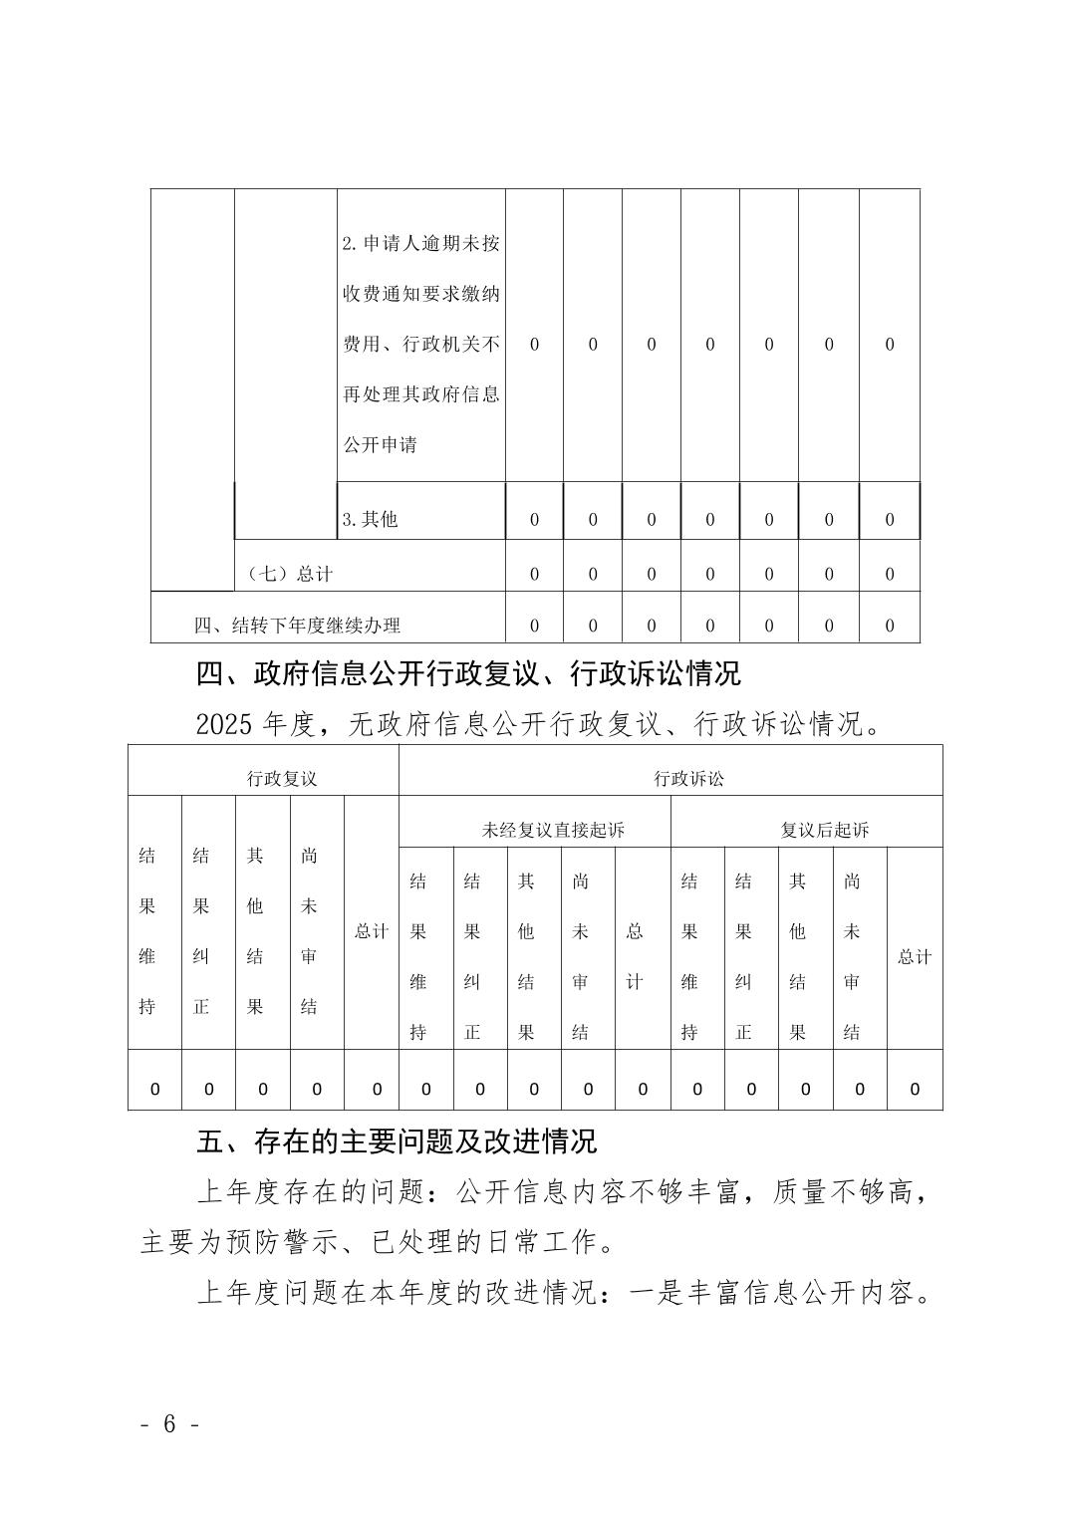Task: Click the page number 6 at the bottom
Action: (168, 1424)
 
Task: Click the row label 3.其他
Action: (370, 519)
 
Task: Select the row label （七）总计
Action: (290, 574)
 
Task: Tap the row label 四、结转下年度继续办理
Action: (297, 626)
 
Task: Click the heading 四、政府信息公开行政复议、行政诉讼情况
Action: (468, 674)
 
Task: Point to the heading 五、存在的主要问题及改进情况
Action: (397, 1140)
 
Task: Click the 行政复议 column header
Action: (282, 779)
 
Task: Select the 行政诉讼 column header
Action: (688, 779)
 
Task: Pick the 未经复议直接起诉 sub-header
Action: (553, 830)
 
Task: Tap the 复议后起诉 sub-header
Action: (824, 830)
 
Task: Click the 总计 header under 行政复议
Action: (372, 931)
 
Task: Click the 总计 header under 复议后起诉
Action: (915, 956)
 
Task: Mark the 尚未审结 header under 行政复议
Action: (309, 931)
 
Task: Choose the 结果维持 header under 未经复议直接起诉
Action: (418, 956)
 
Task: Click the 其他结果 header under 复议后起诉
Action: (797, 956)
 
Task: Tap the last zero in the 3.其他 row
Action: (890, 519)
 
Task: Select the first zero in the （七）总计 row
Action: (534, 574)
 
